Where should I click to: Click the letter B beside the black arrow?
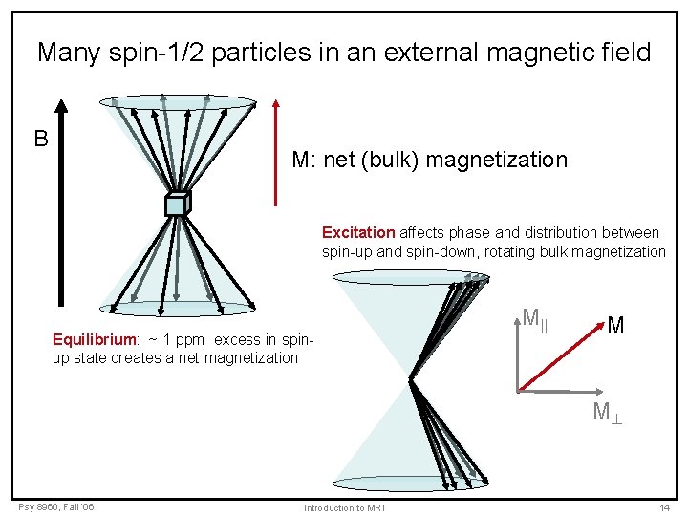click(x=41, y=140)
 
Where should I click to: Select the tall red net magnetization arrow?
click(x=276, y=153)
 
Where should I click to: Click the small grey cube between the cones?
click(x=178, y=204)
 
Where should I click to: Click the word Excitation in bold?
click(x=358, y=232)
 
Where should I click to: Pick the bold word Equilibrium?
click(x=95, y=339)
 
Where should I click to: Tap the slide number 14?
click(x=664, y=507)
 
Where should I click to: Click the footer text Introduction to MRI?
click(x=344, y=507)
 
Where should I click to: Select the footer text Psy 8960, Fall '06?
click(x=55, y=505)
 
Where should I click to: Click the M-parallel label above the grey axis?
click(x=534, y=316)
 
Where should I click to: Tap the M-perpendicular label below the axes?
click(x=607, y=412)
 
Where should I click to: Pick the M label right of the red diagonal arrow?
click(x=615, y=325)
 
